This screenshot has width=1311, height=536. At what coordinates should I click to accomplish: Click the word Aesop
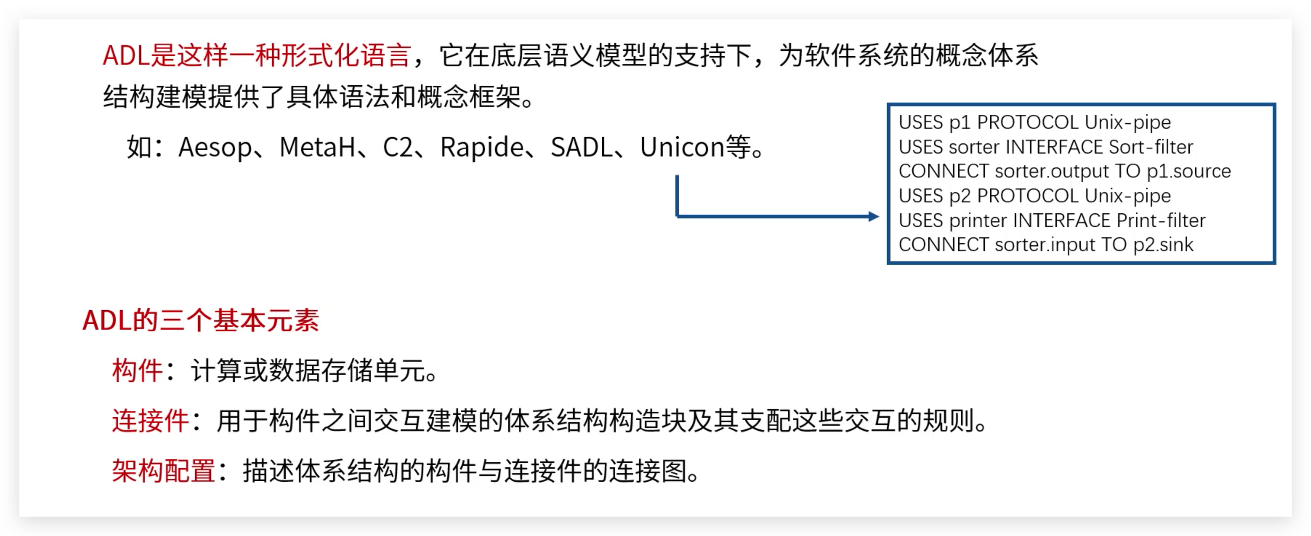pos(215,148)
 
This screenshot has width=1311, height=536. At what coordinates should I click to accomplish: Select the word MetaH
pos(317,148)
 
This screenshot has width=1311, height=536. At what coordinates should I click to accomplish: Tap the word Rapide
pos(482,148)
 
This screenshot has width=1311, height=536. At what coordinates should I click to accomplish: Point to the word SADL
pos(582,148)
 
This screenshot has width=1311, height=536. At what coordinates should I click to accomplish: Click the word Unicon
pos(682,148)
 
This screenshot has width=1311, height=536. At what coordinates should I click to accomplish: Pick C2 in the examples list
pos(397,148)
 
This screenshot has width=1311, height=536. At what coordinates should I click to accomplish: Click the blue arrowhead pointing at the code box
pos(874,216)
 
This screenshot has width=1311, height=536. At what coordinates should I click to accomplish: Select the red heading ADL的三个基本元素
pos(201,321)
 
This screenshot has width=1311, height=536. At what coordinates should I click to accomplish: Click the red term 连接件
pos(150,421)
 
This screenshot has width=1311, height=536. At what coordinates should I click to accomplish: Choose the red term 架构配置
pos(163,471)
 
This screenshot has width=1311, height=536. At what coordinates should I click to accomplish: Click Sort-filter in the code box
pos(1151,147)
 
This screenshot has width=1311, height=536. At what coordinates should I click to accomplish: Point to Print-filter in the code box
pos(1161,221)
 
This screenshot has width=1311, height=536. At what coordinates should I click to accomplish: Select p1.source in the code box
pos(1188,172)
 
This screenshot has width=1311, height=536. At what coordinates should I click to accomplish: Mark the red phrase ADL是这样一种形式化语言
pos(256,55)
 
